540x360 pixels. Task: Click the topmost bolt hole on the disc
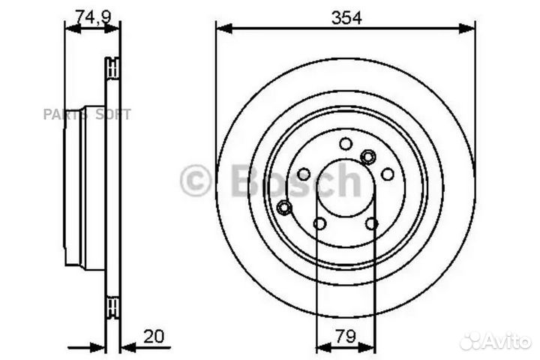coord(345,143)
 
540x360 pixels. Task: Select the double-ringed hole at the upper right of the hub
coord(367,157)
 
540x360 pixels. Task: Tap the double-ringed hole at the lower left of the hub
coord(284,207)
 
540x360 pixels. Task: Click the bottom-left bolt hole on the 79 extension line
coord(319,223)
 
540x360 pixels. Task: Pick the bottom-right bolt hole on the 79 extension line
coord(371,223)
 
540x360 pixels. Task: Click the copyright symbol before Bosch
coord(196,181)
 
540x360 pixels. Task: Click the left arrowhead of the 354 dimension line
coord(222,29)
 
